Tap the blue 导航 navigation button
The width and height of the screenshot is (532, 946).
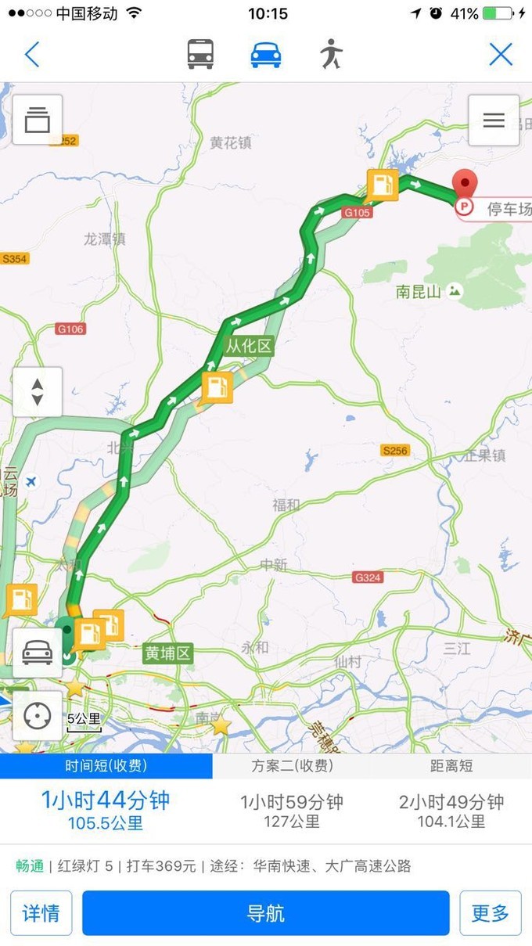pyautogui.click(x=266, y=913)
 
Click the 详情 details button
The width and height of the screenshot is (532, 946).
pyautogui.click(x=41, y=913)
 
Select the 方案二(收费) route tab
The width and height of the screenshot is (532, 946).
pyautogui.click(x=292, y=766)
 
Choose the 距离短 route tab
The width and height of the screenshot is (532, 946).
pyautogui.click(x=451, y=766)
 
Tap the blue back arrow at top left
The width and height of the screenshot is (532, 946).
pyautogui.click(x=32, y=54)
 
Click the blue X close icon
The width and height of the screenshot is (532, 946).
pyautogui.click(x=501, y=54)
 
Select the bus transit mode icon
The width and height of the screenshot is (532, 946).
pyautogui.click(x=201, y=54)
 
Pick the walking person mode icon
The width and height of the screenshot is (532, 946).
pyautogui.click(x=331, y=54)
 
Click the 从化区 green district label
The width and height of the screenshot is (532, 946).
pyautogui.click(x=250, y=346)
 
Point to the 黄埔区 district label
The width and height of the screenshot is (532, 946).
pyautogui.click(x=167, y=653)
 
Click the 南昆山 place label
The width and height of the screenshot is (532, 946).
pyautogui.click(x=419, y=292)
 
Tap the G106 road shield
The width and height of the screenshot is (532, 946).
pyautogui.click(x=70, y=329)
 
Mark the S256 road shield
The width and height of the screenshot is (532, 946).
pyautogui.click(x=395, y=451)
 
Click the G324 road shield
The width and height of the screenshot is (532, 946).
pyautogui.click(x=368, y=577)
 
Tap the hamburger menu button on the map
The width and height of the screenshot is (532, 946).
pyautogui.click(x=494, y=120)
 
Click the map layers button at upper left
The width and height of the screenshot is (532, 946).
pyautogui.click(x=37, y=120)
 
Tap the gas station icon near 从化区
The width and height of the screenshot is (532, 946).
pyautogui.click(x=217, y=387)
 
